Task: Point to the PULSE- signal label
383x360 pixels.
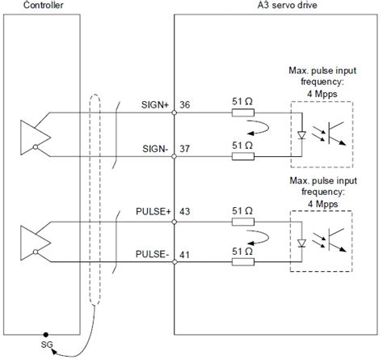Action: point(150,255)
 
